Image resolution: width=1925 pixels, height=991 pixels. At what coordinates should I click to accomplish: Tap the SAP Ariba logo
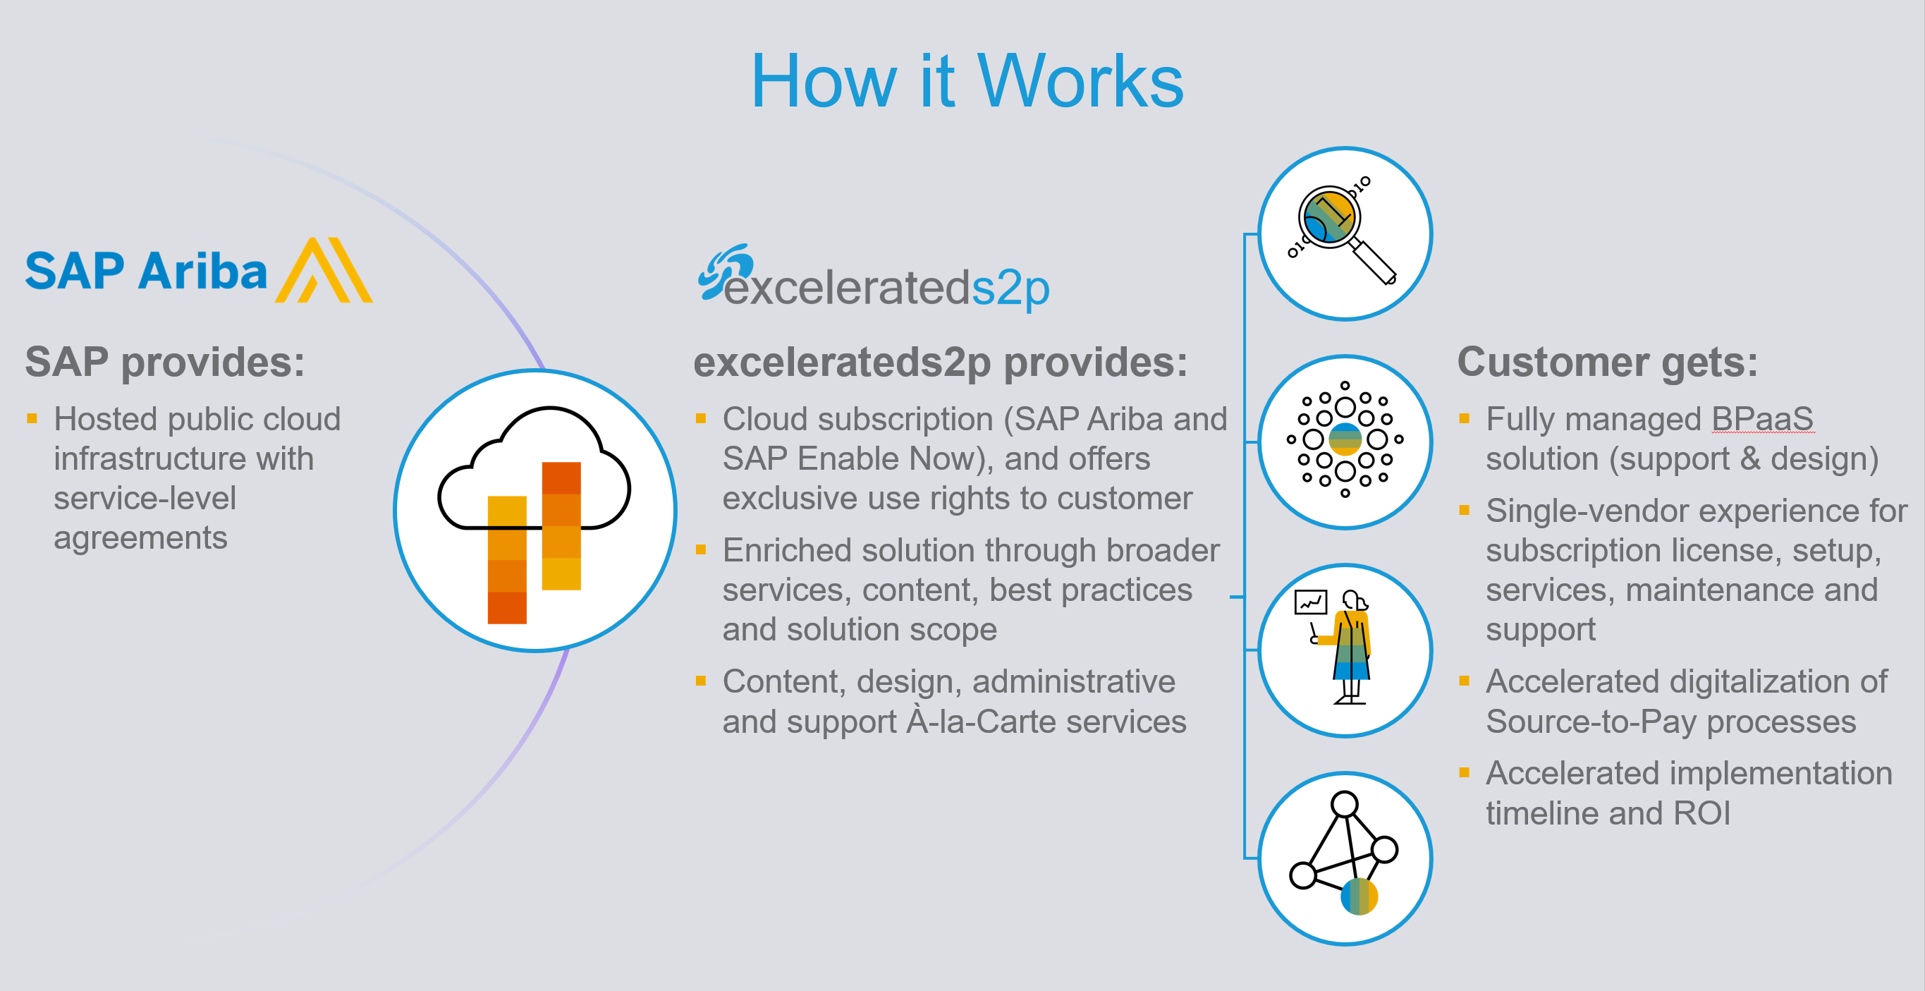tap(199, 271)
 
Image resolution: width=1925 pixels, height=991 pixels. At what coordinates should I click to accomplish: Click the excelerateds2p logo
tap(874, 277)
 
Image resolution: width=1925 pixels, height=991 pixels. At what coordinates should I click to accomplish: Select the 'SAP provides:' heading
tap(165, 363)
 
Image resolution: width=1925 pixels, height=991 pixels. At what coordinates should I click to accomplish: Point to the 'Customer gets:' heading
tap(1608, 363)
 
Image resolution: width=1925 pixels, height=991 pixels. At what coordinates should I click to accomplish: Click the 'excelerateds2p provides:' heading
tap(940, 363)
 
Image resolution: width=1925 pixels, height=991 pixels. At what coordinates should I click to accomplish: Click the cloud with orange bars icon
tap(535, 511)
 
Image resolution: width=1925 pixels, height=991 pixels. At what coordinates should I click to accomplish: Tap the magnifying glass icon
tap(1345, 234)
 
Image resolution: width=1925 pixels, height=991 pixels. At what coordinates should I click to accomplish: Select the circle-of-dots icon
tap(1345, 442)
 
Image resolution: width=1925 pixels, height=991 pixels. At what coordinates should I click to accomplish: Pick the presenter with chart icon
tap(1345, 650)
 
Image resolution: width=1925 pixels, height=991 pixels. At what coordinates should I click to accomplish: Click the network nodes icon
tap(1345, 858)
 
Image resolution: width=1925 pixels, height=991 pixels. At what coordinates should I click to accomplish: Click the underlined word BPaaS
tap(1762, 419)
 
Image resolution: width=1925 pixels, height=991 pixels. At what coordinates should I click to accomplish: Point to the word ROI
tap(1702, 813)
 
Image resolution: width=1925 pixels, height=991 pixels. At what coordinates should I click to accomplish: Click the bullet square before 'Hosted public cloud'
tap(32, 418)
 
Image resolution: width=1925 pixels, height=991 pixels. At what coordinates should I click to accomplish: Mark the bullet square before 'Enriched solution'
tap(701, 550)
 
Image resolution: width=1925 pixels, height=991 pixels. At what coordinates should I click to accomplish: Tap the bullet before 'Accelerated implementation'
tap(1465, 773)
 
